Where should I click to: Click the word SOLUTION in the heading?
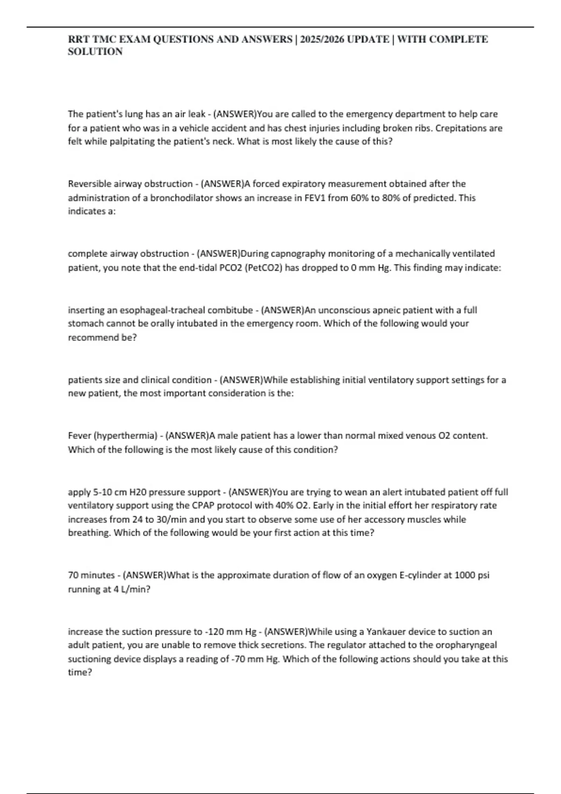pyautogui.click(x=95, y=52)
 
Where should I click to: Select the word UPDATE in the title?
pyautogui.click(x=368, y=39)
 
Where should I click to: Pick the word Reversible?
pyautogui.click(x=90, y=184)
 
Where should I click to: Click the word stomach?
pyautogui.click(x=86, y=324)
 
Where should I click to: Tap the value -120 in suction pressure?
pyautogui.click(x=214, y=632)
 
